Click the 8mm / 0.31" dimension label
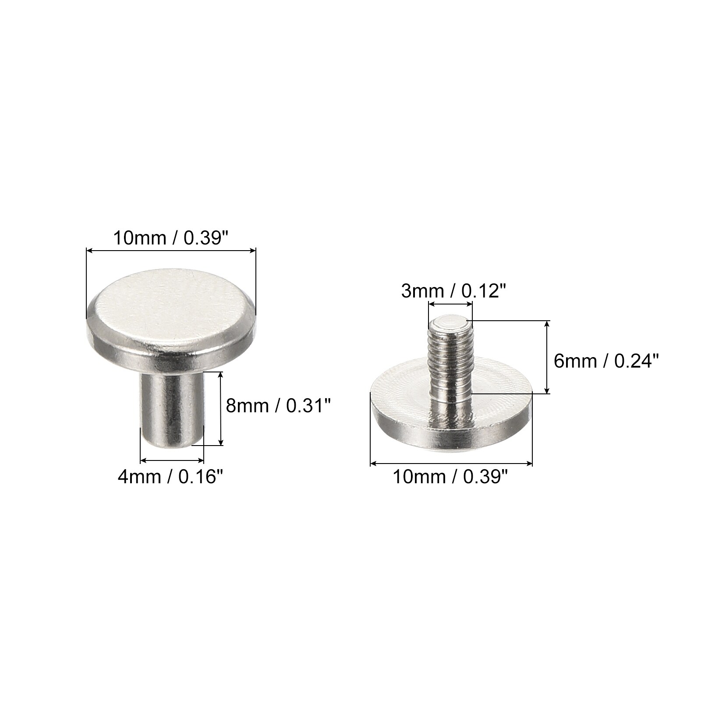(277, 406)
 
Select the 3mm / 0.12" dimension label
(451, 290)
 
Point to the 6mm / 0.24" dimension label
(606, 361)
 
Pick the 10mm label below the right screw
(451, 477)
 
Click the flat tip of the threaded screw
(450, 323)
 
